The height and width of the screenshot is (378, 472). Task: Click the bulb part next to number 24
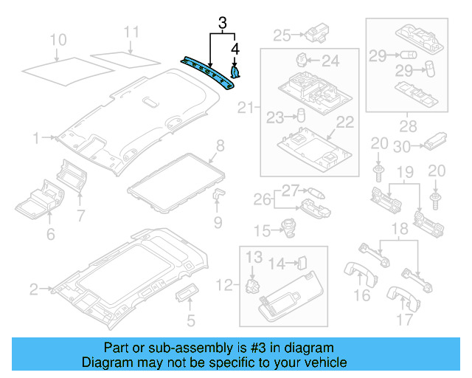coord(302,58)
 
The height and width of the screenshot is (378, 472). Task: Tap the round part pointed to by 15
coord(287,230)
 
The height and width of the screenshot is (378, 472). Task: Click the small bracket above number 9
coord(219,193)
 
